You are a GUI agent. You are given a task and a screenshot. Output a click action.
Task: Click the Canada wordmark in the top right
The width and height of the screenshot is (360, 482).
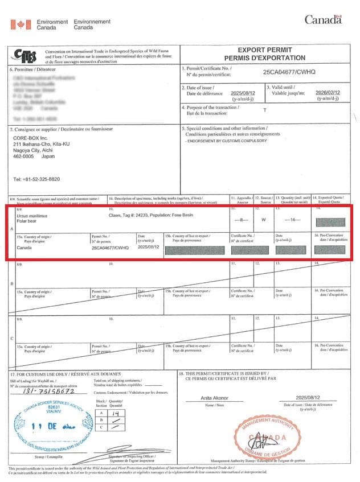323,20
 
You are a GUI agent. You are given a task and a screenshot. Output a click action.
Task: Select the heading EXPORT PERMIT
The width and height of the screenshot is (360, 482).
264,50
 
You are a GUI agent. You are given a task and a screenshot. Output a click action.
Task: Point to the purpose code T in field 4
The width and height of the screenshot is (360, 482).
264,110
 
